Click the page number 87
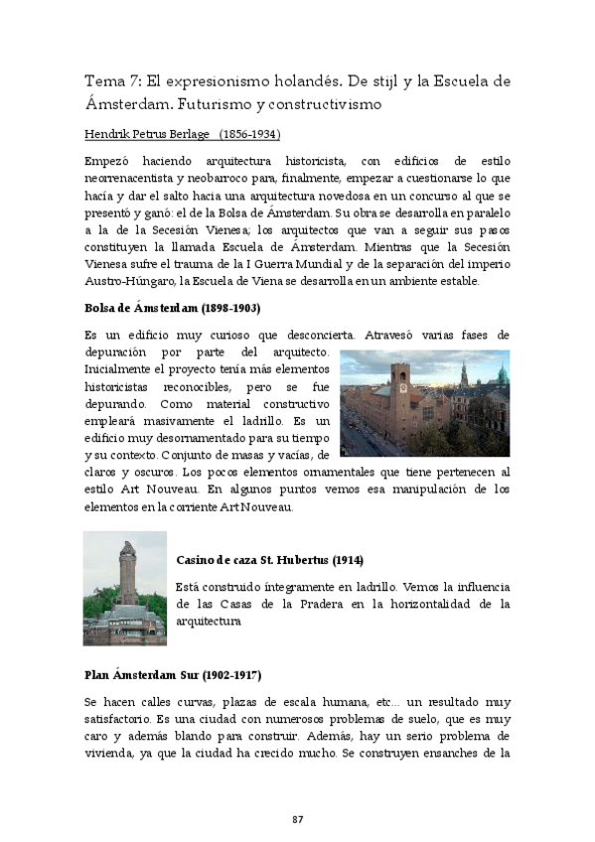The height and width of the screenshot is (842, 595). tap(297, 818)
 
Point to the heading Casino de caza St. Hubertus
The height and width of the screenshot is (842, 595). tap(243, 559)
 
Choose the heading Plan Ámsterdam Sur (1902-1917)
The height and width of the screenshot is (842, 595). tap(172, 675)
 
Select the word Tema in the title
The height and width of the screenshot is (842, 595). tap(104, 81)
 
